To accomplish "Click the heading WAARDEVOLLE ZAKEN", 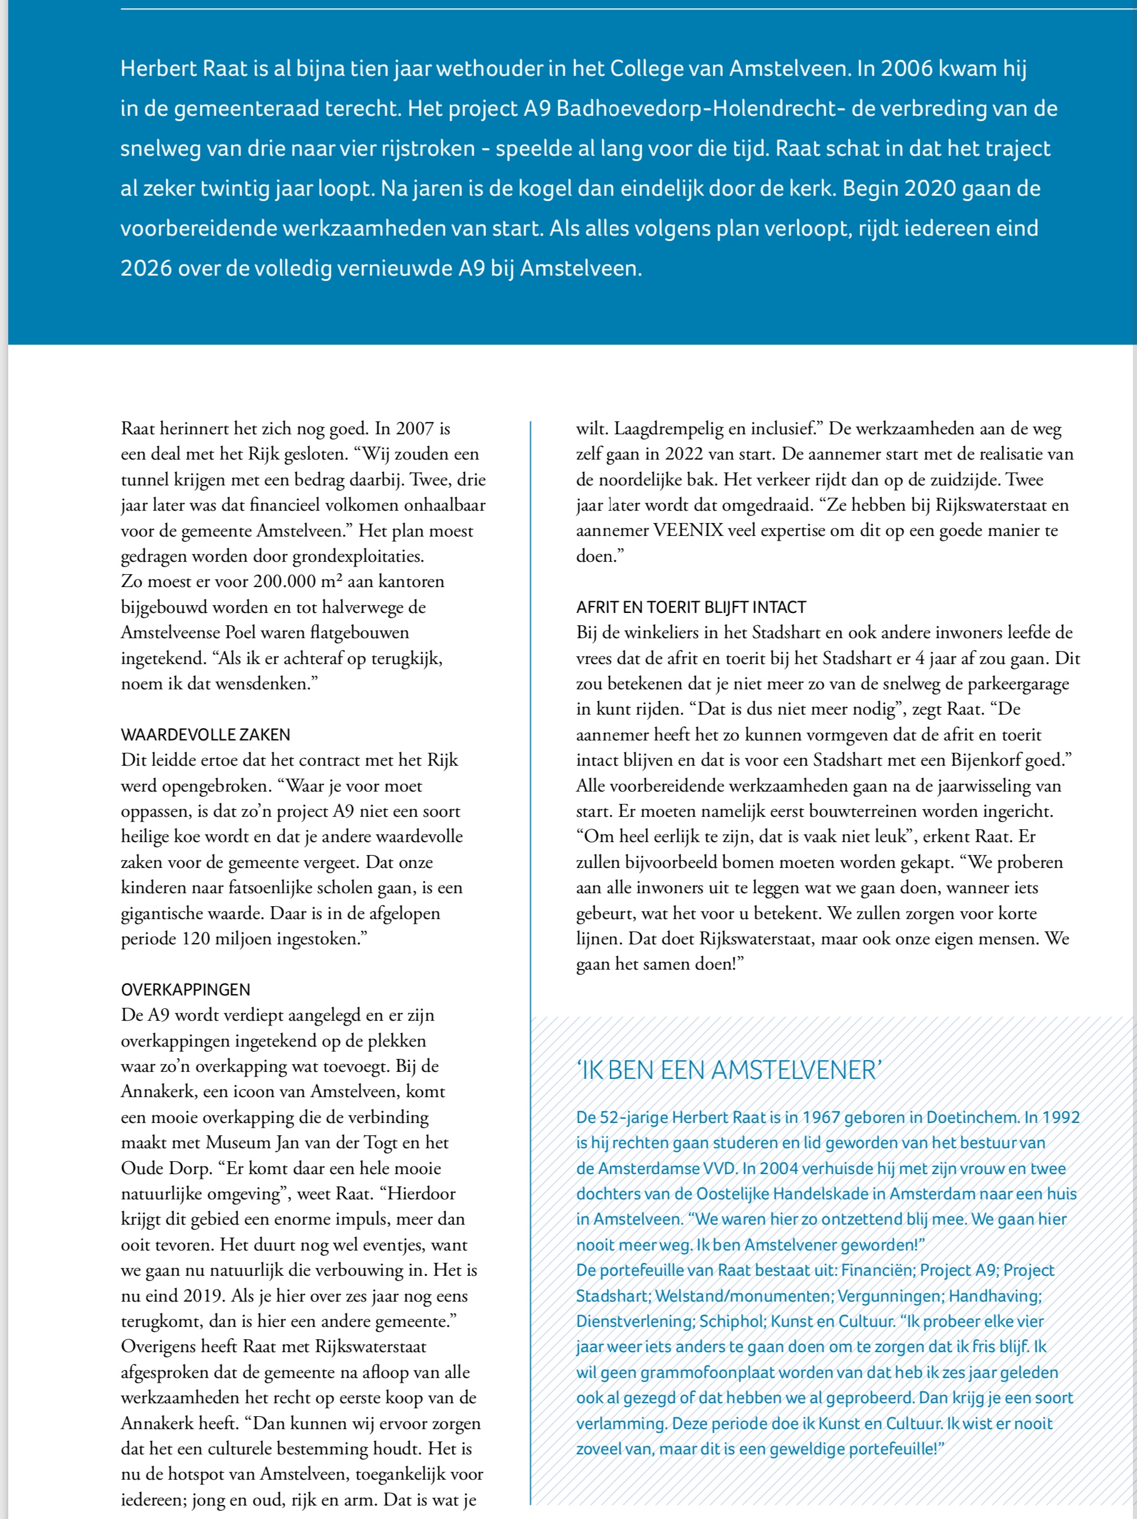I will [205, 735].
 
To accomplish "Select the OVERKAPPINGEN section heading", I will [185, 990].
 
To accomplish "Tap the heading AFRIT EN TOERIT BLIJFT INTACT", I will [690, 607].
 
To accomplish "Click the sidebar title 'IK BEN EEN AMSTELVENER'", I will [729, 1071].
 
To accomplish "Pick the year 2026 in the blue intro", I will [146, 268].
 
